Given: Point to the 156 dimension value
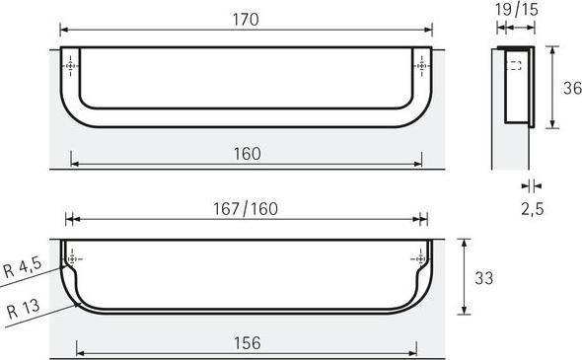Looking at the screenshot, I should (247, 343).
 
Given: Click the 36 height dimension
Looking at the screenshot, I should (571, 88).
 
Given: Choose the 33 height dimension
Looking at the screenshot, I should (483, 278).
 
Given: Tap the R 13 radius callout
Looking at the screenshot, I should (21, 310).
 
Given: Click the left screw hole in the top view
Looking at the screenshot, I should (69, 66).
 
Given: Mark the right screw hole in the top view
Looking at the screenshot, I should (424, 66).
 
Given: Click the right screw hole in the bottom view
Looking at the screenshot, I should (418, 258).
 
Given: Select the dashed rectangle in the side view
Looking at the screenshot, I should (513, 67).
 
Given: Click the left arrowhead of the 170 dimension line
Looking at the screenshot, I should (64, 30).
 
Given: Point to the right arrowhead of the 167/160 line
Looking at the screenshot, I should (424, 221).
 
